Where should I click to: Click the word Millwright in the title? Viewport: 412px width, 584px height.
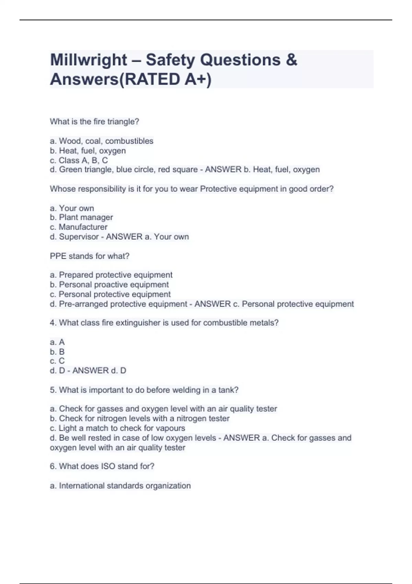[x=89, y=60]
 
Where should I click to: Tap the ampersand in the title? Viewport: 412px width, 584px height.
[x=291, y=60]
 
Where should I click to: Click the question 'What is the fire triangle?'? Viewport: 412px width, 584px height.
[x=94, y=122]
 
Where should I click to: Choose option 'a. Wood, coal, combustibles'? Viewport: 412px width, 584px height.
[x=102, y=141]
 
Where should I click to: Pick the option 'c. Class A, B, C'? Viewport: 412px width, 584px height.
[x=79, y=160]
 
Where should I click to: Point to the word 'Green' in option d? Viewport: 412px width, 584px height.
[x=70, y=170]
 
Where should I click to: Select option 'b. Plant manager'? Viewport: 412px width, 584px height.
[x=81, y=217]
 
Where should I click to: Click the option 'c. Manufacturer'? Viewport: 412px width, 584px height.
[x=79, y=227]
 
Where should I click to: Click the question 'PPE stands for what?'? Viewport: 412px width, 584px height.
[x=90, y=256]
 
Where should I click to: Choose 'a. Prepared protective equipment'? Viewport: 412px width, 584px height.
[x=111, y=275]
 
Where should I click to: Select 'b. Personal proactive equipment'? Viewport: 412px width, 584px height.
[x=109, y=284]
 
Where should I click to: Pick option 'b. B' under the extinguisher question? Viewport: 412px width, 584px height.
[x=57, y=351]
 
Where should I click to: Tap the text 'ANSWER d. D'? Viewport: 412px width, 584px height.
[x=99, y=371]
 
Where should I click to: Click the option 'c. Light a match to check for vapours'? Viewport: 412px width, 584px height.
[x=117, y=428]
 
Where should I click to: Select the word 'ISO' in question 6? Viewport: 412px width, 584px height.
[x=108, y=467]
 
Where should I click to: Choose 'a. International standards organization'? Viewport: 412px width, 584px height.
[x=120, y=486]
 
